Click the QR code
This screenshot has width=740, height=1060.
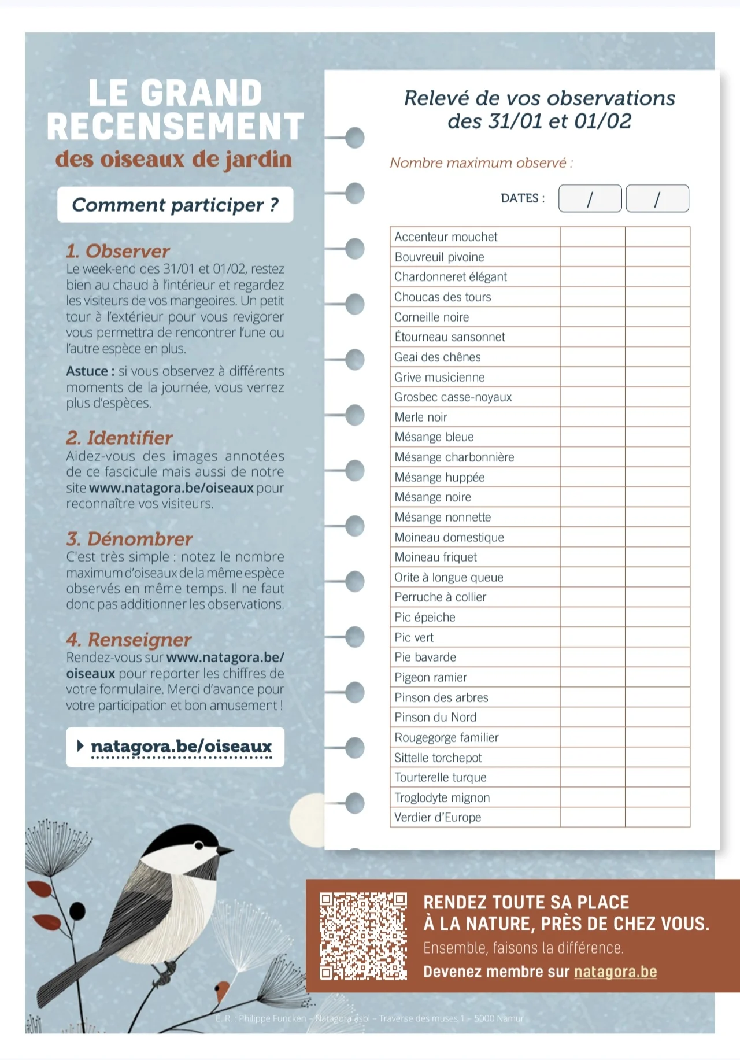[363, 935]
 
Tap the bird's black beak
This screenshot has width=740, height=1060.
[225, 851]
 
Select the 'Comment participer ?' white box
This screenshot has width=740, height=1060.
[175, 205]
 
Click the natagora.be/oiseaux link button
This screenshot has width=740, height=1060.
[175, 747]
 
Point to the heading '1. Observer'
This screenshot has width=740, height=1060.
[118, 251]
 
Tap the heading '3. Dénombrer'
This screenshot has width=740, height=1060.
[129, 539]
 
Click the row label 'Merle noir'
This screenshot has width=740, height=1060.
[421, 417]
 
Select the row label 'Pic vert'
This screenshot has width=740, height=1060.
[414, 637]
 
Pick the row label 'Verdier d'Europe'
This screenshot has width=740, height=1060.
[438, 817]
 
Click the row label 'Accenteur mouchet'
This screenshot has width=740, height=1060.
[446, 237]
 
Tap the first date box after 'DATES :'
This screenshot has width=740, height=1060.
[590, 199]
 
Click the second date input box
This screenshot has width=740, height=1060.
[657, 199]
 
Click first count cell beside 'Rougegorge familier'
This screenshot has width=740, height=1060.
[592, 737]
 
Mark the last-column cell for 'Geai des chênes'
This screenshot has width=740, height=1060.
[657, 357]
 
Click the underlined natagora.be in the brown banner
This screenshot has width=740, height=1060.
[615, 972]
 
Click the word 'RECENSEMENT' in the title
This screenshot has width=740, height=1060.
[175, 127]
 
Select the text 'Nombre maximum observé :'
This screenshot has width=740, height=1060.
[481, 163]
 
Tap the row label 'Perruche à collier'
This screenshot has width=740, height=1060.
[440, 597]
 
